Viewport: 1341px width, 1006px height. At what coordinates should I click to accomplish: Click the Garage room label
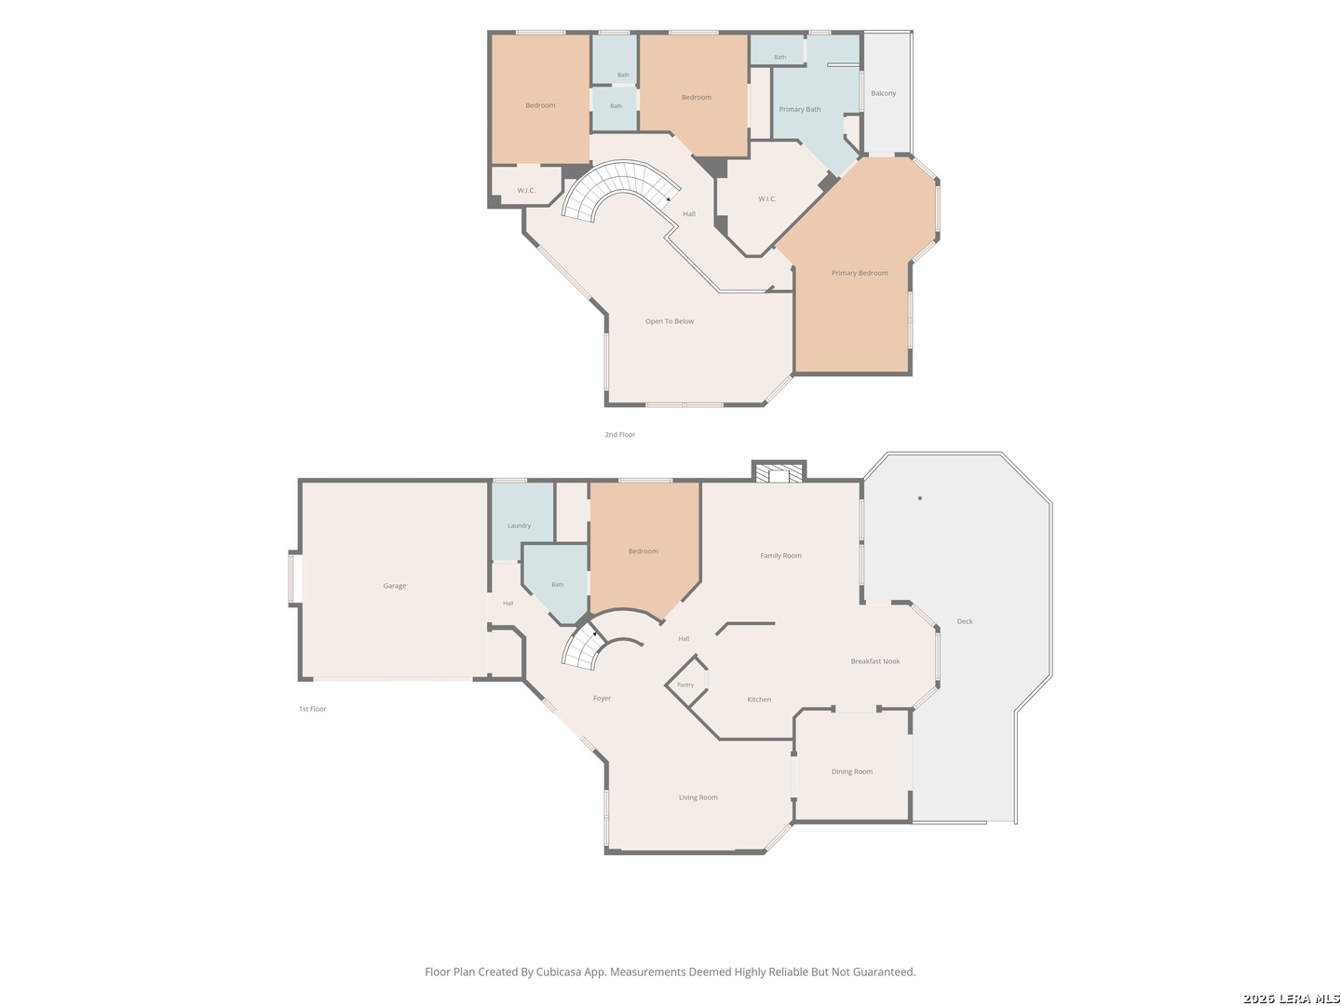pyautogui.click(x=394, y=586)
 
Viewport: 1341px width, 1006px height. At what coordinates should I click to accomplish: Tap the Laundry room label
pyautogui.click(x=519, y=525)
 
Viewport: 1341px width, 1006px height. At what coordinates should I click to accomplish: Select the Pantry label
pyautogui.click(x=684, y=685)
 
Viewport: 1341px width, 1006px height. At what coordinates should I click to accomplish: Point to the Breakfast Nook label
pyautogui.click(x=874, y=661)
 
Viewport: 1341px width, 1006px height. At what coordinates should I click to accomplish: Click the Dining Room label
pyautogui.click(x=851, y=771)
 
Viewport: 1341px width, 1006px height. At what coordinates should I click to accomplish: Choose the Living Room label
pyautogui.click(x=698, y=797)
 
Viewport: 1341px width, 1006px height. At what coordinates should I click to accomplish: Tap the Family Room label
pyautogui.click(x=780, y=555)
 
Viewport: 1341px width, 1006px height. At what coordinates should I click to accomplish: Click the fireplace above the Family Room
pyautogui.click(x=779, y=472)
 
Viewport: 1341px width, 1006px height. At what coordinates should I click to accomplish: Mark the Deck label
pyautogui.click(x=964, y=621)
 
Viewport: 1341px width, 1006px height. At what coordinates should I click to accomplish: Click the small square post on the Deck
pyautogui.click(x=919, y=498)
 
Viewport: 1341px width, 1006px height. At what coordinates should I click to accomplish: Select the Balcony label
pyautogui.click(x=883, y=93)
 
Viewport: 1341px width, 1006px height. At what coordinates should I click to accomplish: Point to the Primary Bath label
pyautogui.click(x=799, y=109)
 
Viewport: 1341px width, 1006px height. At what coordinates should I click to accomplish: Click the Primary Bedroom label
pyautogui.click(x=859, y=273)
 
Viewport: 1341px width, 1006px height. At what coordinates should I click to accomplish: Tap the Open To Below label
pyautogui.click(x=669, y=321)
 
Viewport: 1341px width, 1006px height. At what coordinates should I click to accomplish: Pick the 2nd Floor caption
pyautogui.click(x=619, y=434)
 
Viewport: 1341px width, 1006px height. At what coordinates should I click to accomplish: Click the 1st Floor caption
pyautogui.click(x=312, y=709)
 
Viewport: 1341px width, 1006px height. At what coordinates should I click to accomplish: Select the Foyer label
pyautogui.click(x=602, y=699)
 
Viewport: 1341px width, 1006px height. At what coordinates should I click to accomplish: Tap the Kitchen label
pyautogui.click(x=759, y=700)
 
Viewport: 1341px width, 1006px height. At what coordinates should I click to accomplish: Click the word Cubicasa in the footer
pyautogui.click(x=559, y=972)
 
